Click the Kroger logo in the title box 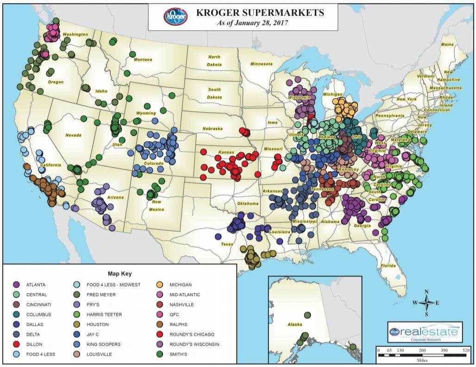[175, 16]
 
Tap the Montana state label [143, 60]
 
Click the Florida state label [388, 266]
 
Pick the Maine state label [447, 44]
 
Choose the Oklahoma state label [248, 204]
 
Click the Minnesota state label [261, 64]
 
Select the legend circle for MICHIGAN [159, 285]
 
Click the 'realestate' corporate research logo [425, 332]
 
